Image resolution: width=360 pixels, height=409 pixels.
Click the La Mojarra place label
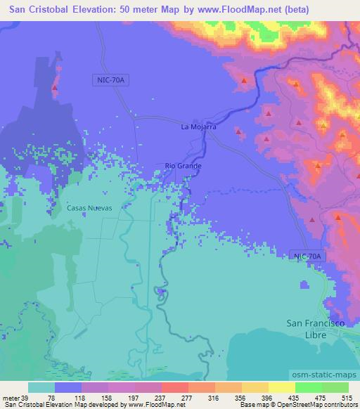tap(198, 127)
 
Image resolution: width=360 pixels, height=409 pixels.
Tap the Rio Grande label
tap(183, 166)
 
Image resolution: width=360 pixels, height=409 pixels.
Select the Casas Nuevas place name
tap(89, 208)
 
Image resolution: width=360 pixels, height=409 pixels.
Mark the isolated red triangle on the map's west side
tap(56, 89)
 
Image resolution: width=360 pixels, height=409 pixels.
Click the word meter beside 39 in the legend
tap(12, 398)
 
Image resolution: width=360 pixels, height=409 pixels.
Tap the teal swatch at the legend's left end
tap(40, 387)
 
